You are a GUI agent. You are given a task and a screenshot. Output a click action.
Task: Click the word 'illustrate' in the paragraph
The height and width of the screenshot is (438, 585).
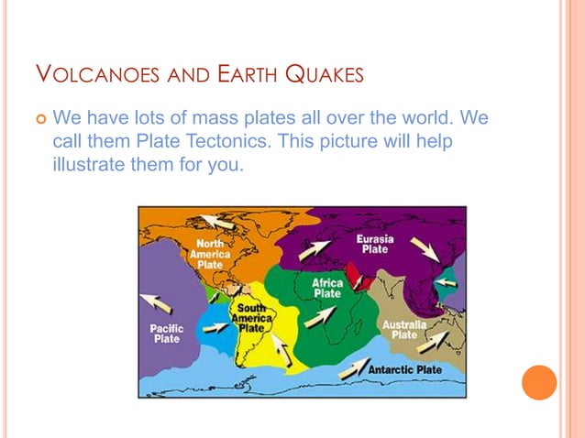pos(91,167)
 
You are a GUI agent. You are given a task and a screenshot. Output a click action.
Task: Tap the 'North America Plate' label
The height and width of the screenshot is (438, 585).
pos(211,254)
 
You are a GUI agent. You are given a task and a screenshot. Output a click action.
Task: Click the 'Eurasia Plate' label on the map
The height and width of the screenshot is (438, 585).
pos(375,244)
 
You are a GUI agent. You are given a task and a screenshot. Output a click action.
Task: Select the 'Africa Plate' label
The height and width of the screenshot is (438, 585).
pos(327,288)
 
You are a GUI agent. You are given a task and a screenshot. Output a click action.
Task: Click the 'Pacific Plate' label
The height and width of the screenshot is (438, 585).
pos(167,333)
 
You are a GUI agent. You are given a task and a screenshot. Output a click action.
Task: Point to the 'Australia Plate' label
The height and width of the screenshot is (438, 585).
pos(403,330)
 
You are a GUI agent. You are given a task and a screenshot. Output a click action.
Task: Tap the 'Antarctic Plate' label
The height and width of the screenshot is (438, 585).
pos(404,370)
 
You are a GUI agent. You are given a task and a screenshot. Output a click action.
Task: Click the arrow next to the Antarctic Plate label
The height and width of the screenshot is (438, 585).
pos(353,368)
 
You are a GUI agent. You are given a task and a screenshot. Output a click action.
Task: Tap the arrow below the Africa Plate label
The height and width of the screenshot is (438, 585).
pos(320,316)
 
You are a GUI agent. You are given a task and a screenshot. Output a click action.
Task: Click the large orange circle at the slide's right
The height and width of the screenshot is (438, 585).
pos(539,382)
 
